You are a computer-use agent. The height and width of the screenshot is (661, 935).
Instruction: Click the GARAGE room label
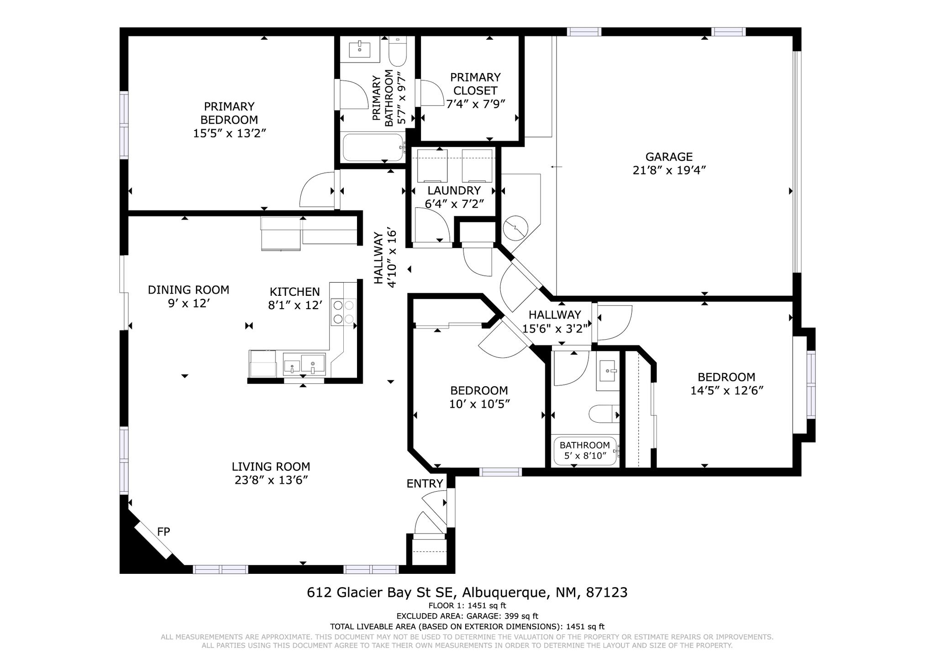669,157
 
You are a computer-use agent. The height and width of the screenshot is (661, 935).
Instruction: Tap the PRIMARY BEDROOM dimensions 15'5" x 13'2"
229,133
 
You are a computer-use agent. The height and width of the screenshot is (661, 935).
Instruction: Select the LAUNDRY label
454,190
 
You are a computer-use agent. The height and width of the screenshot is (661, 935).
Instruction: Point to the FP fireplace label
163,532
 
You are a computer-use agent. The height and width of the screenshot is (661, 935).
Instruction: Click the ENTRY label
425,484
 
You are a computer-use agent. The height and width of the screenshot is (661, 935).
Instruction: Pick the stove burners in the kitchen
343,312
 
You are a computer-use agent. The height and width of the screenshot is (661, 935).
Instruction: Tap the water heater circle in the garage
515,227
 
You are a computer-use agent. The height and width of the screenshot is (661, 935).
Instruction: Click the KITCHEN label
294,292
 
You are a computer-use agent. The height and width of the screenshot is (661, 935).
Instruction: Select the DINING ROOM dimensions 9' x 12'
189,304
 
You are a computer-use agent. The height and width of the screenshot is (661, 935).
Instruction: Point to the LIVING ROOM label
271,467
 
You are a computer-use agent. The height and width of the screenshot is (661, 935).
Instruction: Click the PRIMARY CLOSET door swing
432,93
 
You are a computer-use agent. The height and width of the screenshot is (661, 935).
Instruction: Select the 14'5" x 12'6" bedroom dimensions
727,391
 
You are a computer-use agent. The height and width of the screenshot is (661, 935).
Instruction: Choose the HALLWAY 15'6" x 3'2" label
555,321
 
